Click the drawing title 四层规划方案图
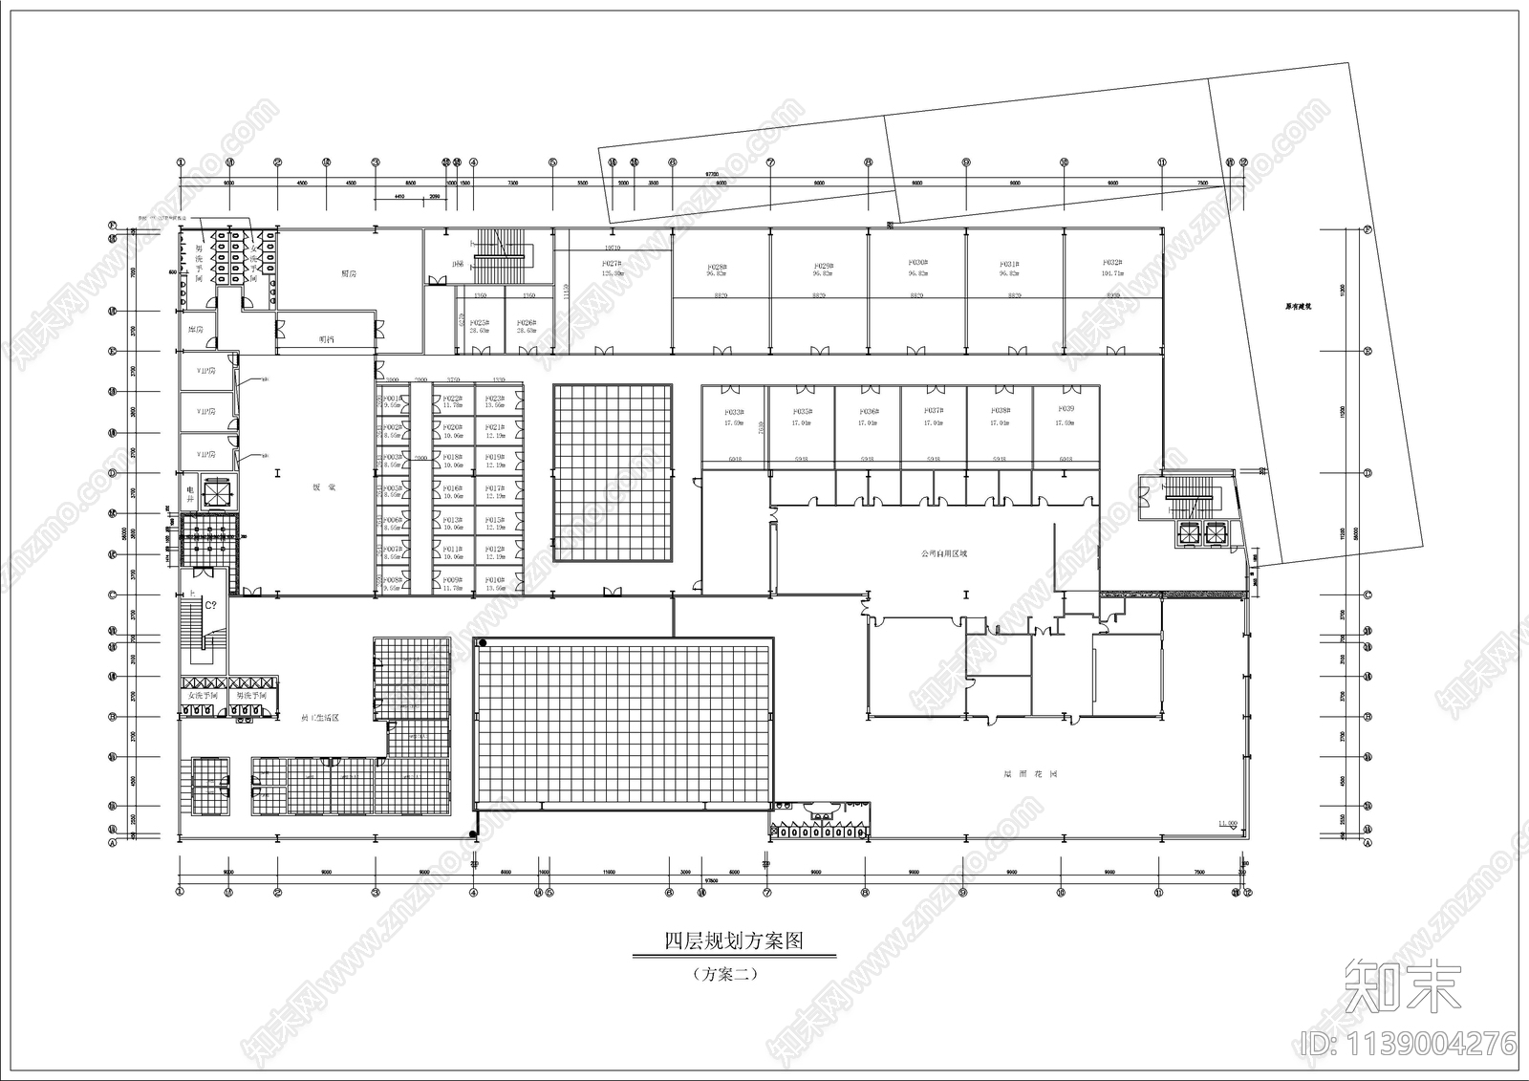pos(733,940)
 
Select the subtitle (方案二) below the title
pos(725,975)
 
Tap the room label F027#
pos(612,263)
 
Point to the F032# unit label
pos(1111,262)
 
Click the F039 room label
pos(1066,409)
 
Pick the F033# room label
pos(734,412)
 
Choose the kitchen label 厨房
pos(349,273)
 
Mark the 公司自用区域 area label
pos(943,553)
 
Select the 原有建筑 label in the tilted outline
pos(1297,308)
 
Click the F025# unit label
pos(480,323)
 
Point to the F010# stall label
pos(494,580)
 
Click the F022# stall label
pos(453,399)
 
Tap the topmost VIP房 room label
pos(205,370)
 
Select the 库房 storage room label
pos(196,330)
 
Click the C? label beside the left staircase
pos(210,604)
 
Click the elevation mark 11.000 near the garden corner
pos(1227,823)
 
